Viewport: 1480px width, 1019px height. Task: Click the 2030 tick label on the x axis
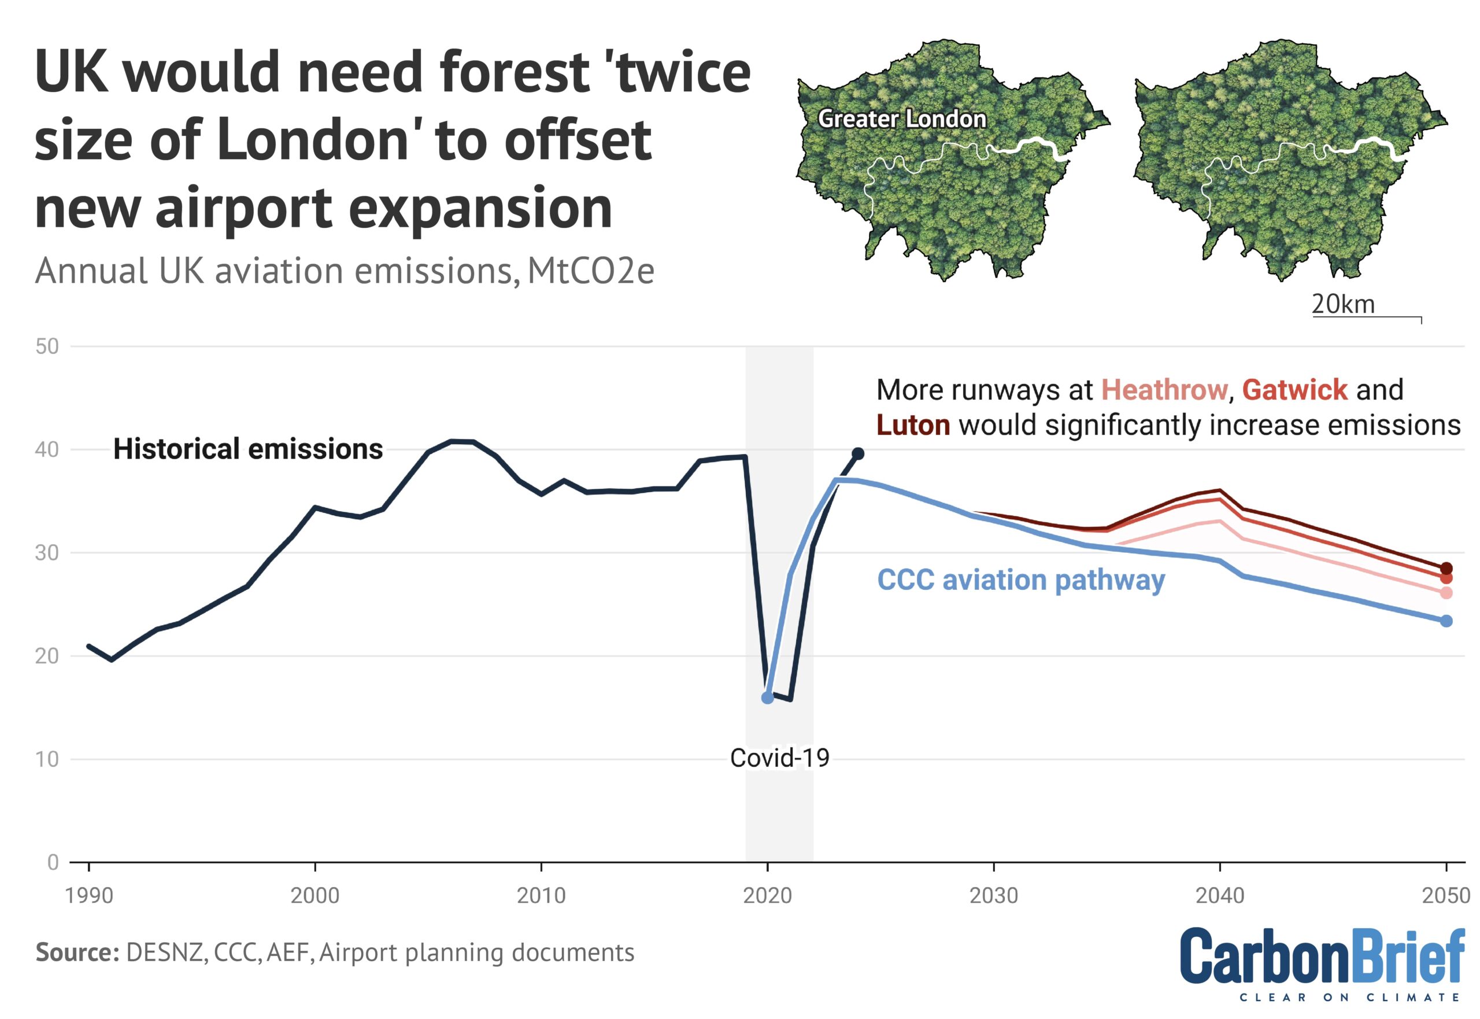(993, 895)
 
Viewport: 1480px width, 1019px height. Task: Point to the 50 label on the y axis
(47, 346)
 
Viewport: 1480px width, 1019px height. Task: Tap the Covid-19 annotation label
(779, 758)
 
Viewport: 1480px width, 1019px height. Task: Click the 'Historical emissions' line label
(247, 449)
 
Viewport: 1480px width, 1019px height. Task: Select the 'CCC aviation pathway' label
(1020, 579)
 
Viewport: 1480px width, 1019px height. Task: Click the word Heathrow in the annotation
(1164, 389)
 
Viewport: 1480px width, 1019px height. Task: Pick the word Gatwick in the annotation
(1294, 389)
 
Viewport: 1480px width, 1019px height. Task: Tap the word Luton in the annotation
(913, 425)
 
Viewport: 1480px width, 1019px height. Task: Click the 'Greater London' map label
(902, 119)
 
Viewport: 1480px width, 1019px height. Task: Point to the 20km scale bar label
(1343, 305)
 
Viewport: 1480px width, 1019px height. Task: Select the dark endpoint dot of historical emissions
(858, 453)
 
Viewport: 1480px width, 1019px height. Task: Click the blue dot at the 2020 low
(767, 698)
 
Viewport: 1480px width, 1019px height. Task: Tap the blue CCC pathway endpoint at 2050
(1446, 621)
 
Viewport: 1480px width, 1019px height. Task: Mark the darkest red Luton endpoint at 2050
(1446, 568)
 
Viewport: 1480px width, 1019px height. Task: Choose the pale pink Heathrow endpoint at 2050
(1446, 593)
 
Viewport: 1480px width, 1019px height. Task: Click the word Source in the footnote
(76, 952)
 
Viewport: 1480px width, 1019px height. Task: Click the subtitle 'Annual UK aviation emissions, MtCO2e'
(345, 271)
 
